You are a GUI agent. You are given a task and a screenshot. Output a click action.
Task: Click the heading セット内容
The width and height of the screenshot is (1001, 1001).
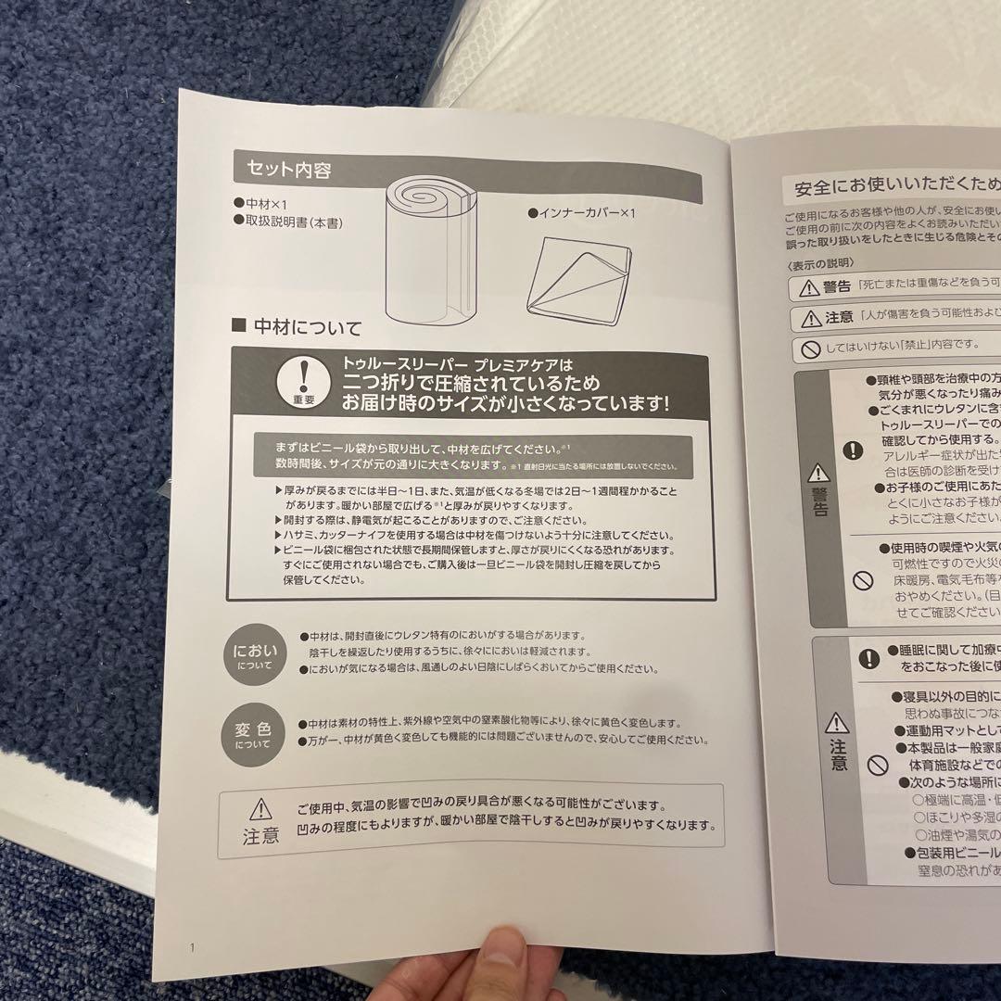(x=288, y=170)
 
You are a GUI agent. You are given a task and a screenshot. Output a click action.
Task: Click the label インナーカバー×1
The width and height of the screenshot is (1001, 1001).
(x=582, y=213)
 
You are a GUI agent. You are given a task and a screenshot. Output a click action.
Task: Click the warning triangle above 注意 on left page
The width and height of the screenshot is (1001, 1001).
(x=260, y=808)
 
